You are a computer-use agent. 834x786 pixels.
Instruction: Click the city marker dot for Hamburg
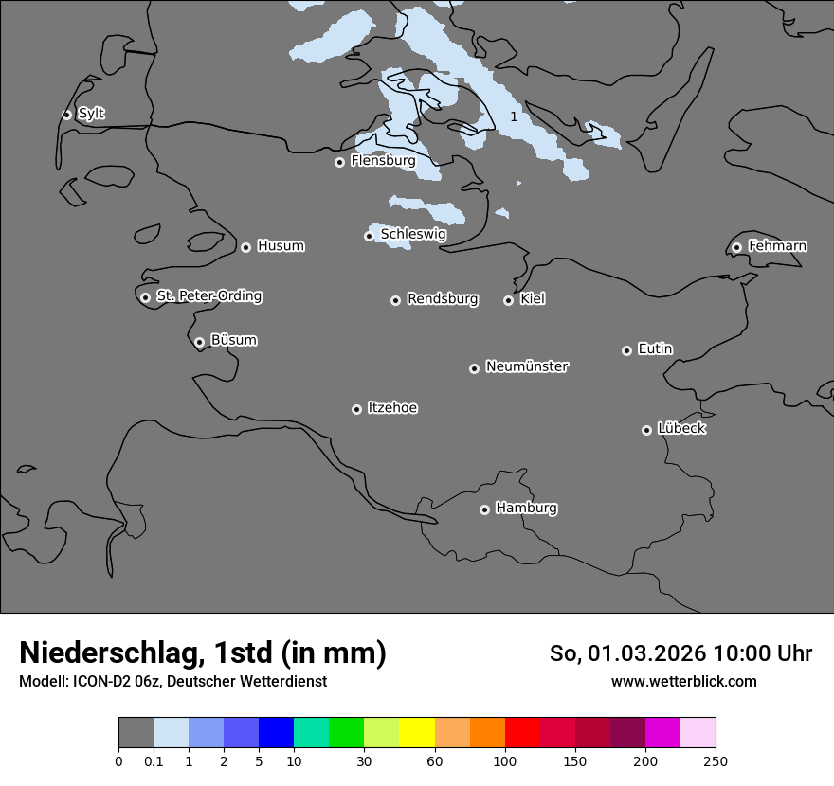(x=484, y=509)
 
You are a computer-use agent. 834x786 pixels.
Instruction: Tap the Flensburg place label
(x=383, y=161)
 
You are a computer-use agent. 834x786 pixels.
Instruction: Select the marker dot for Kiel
(x=508, y=300)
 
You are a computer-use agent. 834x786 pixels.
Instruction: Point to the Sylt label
(x=91, y=114)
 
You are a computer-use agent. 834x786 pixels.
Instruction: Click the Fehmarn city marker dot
(x=736, y=247)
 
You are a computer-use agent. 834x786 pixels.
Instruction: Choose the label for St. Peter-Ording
(x=208, y=296)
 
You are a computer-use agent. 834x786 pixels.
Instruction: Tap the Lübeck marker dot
(x=646, y=430)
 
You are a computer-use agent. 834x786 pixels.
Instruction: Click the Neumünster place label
(x=527, y=366)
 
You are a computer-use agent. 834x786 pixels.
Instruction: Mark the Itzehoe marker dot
(x=356, y=409)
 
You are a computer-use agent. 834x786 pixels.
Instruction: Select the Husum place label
(x=281, y=246)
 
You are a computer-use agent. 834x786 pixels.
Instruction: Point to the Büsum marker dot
(x=199, y=342)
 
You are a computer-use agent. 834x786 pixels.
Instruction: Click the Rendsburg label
(x=443, y=299)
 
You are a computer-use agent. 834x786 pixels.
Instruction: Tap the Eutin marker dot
(x=626, y=350)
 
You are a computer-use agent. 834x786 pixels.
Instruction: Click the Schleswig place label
(x=413, y=234)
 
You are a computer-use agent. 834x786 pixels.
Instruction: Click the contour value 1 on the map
(x=514, y=116)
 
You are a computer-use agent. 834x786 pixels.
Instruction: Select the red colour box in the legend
(x=522, y=733)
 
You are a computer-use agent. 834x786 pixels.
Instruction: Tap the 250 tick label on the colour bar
(x=716, y=760)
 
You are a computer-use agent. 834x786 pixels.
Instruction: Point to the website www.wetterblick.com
(x=683, y=681)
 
